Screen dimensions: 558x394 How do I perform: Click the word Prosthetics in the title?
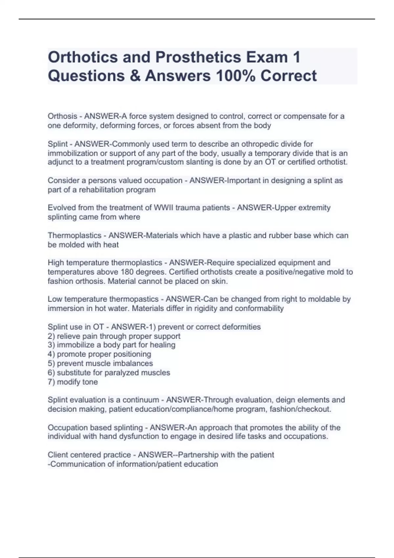pos(198,57)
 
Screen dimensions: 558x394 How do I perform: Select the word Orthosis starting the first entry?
pos(62,116)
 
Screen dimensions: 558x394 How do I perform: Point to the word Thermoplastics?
pos(75,235)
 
